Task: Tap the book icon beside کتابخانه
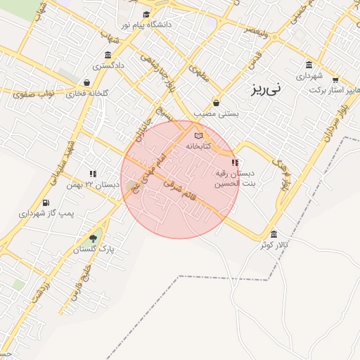coord(198,136)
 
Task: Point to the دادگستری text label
coord(108,66)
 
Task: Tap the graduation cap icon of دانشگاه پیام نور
coord(146,14)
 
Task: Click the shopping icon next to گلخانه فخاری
coord(86,82)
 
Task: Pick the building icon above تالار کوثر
coord(273,234)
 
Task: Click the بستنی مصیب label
coord(218,113)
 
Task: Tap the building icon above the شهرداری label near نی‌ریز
coord(309,63)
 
